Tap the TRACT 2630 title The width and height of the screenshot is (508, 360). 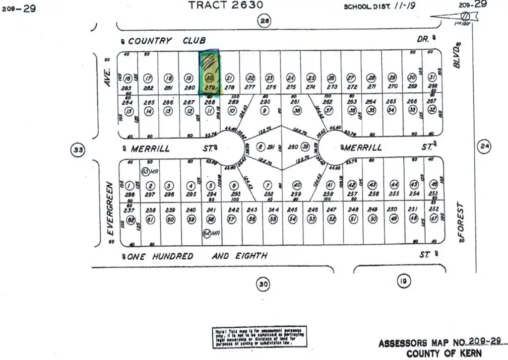click(x=226, y=5)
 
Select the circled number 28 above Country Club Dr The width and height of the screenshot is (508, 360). click(x=264, y=20)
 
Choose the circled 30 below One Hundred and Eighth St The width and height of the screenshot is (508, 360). click(x=263, y=284)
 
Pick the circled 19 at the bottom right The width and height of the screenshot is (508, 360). click(x=402, y=282)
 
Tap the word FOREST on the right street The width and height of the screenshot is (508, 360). click(x=461, y=220)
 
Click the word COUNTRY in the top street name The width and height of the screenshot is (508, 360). click(x=150, y=40)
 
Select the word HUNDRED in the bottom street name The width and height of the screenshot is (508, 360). click(x=173, y=256)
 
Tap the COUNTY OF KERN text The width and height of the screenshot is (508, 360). click(x=444, y=354)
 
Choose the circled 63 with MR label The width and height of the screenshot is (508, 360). click(x=145, y=171)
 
